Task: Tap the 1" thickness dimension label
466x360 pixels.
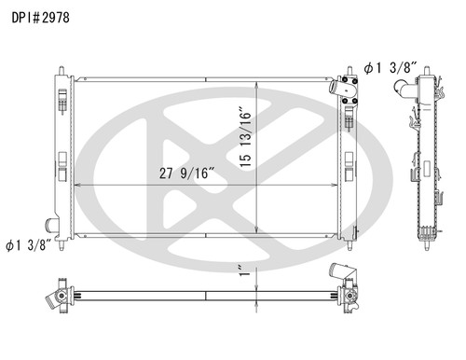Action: pos(244,271)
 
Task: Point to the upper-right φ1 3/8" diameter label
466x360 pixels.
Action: pos(396,68)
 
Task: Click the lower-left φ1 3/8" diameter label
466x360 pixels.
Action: pos(27,246)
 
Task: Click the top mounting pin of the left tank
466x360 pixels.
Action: pos(62,71)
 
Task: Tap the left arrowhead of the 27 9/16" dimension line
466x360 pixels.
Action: pos(76,186)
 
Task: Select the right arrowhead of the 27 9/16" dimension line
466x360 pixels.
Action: pos(336,186)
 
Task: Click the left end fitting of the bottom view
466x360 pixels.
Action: pos(55,297)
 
